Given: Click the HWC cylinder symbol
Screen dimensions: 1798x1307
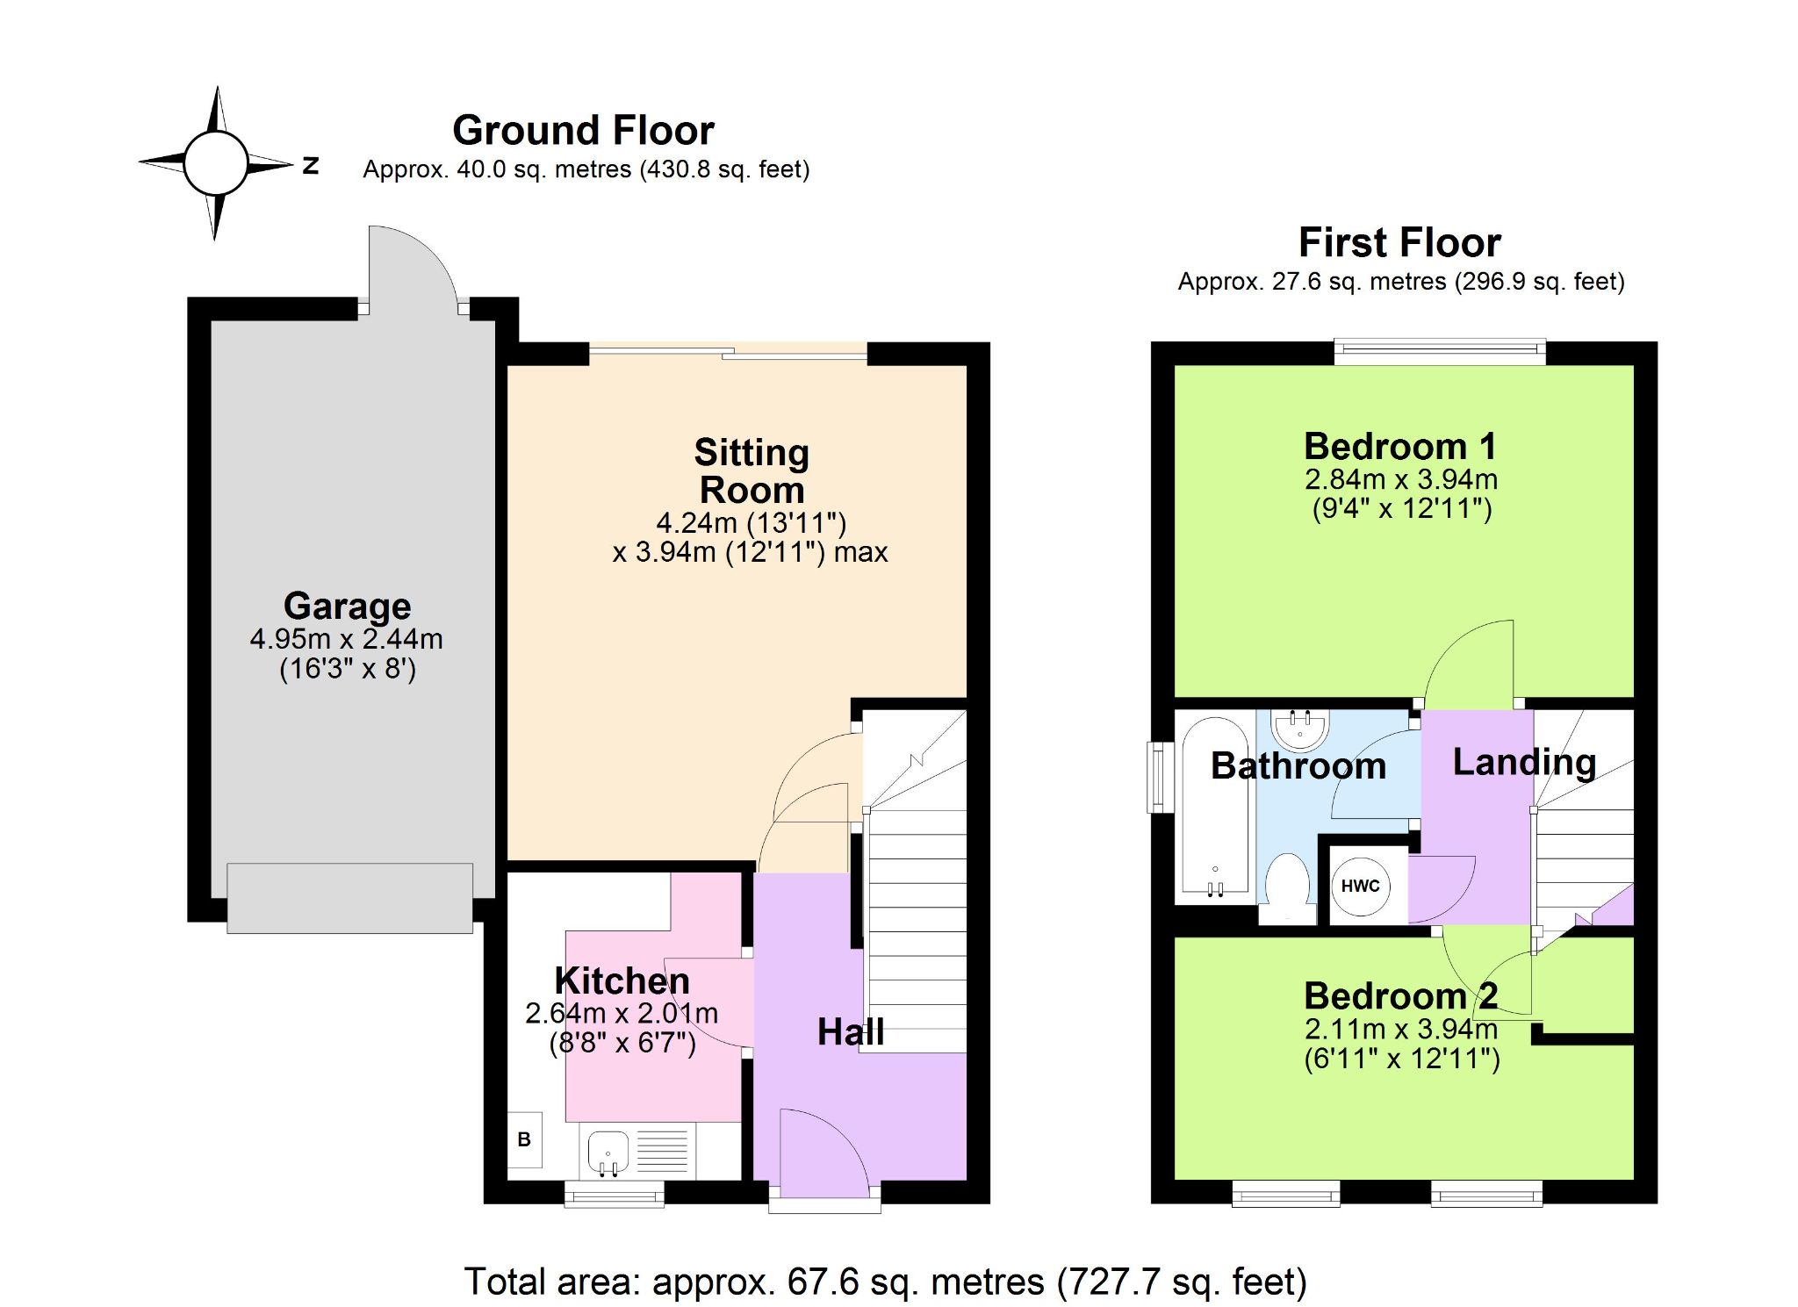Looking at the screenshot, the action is (x=1360, y=886).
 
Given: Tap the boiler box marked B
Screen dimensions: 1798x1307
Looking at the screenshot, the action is (x=525, y=1139).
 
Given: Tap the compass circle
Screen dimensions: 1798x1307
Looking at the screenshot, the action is (x=216, y=163).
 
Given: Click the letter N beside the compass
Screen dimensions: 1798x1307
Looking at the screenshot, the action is (x=310, y=165).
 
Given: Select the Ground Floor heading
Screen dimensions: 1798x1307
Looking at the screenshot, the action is (x=583, y=131).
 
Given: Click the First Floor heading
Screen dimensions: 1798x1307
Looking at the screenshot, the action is (x=1399, y=242).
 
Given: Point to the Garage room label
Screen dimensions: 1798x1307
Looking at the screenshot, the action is (x=347, y=606).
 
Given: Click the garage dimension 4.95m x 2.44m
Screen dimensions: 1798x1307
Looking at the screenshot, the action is (x=346, y=639).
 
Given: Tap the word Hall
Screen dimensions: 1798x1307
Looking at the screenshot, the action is (x=850, y=1032).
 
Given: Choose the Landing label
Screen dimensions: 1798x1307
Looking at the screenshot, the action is (x=1524, y=762).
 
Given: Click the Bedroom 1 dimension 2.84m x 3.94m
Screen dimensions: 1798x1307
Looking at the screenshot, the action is (x=1401, y=479).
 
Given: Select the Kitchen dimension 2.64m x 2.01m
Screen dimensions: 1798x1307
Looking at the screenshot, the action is (x=622, y=1014).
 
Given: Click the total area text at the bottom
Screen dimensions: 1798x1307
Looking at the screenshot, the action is (x=885, y=1282).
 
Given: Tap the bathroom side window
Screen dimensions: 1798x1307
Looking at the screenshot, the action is (x=1161, y=778).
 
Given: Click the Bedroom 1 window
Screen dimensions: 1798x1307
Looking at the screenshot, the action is (x=1440, y=352).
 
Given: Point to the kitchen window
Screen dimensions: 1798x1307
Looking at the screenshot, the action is (x=614, y=1194).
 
